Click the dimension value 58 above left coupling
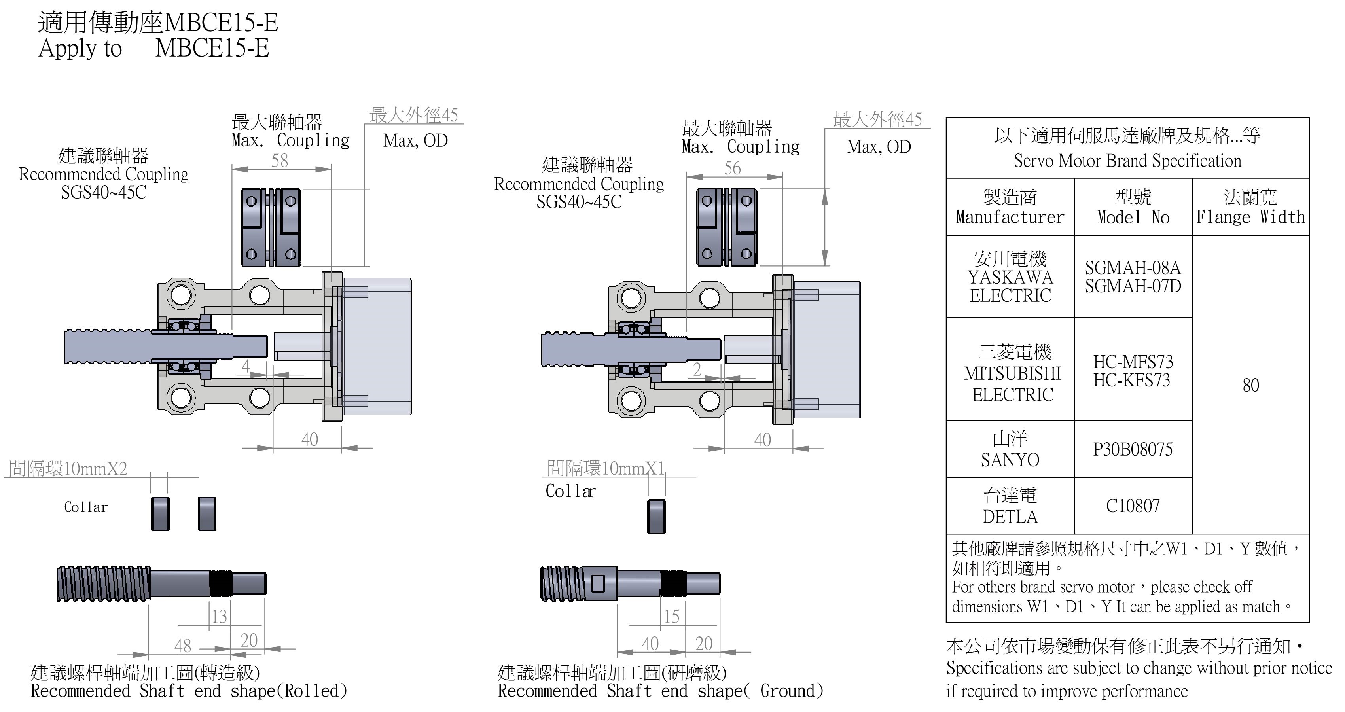point(279,160)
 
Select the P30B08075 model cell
point(1133,449)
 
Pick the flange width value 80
point(1250,385)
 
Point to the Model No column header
point(1133,207)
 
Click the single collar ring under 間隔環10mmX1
point(656,517)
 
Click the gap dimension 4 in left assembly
point(245,366)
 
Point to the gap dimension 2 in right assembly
point(697,369)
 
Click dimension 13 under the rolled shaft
point(219,617)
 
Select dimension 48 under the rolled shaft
point(183,646)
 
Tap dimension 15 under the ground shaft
point(671,617)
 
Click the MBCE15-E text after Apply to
point(212,48)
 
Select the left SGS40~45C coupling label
point(103,193)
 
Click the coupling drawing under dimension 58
point(271,227)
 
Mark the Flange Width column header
point(1250,207)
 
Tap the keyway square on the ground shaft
point(598,583)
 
